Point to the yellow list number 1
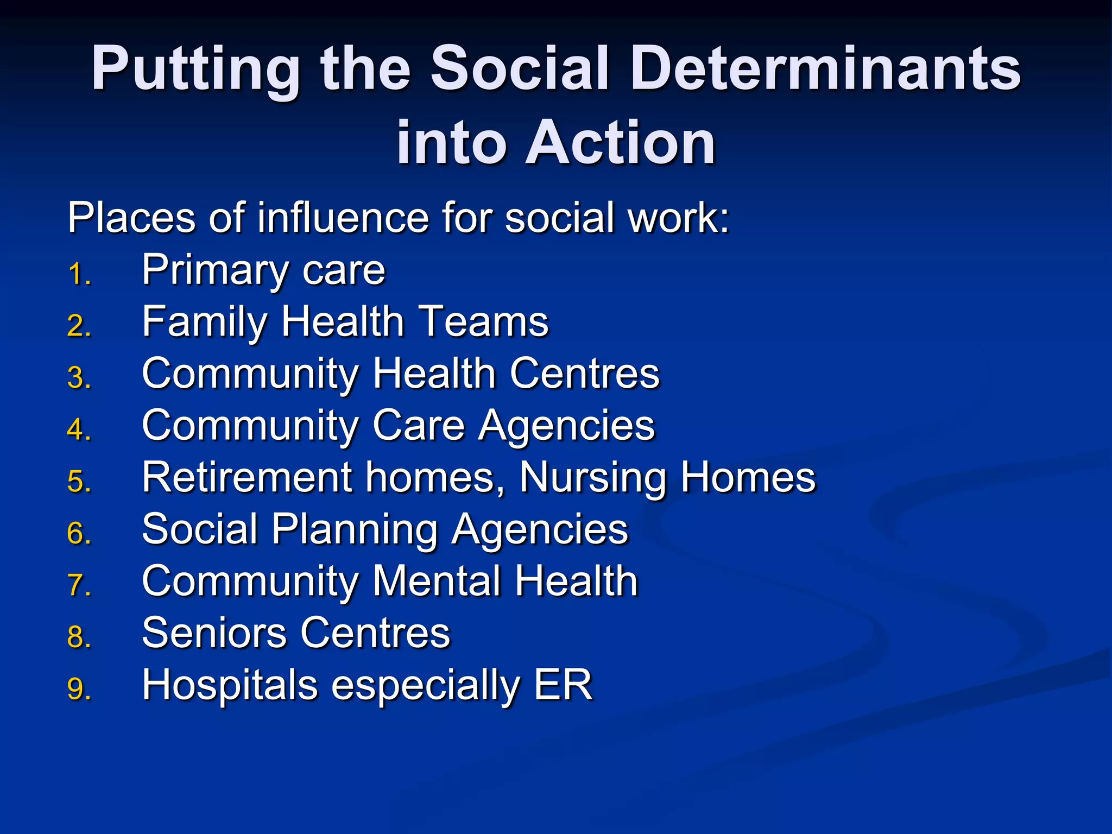[x=78, y=274]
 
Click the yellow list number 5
[x=78, y=482]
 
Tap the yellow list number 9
[x=78, y=690]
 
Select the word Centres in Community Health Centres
[x=585, y=374]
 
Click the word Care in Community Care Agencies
[x=419, y=425]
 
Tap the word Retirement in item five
[x=247, y=477]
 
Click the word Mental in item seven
[x=437, y=581]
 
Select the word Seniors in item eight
[x=214, y=633]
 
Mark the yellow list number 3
[x=78, y=378]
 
